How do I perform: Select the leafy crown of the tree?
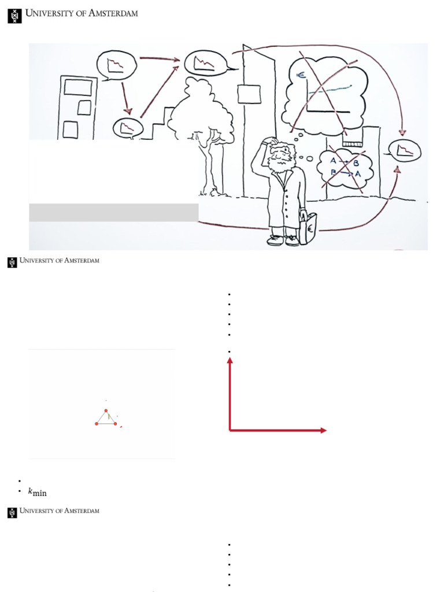(x=199, y=110)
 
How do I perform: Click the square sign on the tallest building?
(x=249, y=94)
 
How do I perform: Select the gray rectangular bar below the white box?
(x=114, y=212)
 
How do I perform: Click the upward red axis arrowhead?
(x=230, y=361)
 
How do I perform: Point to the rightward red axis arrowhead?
(x=323, y=430)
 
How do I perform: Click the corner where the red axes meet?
(x=231, y=430)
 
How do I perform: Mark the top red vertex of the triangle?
(x=106, y=410)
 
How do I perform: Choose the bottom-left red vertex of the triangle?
(x=96, y=424)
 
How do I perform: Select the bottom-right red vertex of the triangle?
(x=116, y=424)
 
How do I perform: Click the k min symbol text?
(x=37, y=492)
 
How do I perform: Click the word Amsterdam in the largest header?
(x=113, y=13)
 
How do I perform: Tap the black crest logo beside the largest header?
(x=14, y=16)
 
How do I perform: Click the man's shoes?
(x=284, y=240)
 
